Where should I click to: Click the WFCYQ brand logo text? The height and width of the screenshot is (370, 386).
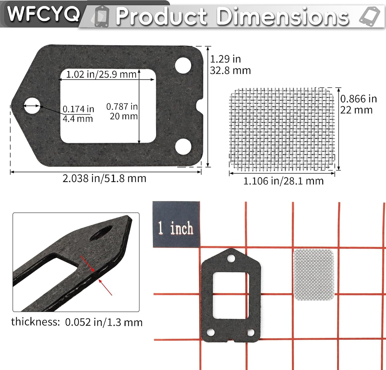coord(44,14)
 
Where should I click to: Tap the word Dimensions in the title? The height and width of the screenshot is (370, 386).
coord(283,16)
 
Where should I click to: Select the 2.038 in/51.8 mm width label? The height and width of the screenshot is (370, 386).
coord(104,178)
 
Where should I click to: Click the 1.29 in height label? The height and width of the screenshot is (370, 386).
coord(225,59)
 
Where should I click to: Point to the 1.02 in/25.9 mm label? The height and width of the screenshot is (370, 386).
coord(101,74)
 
